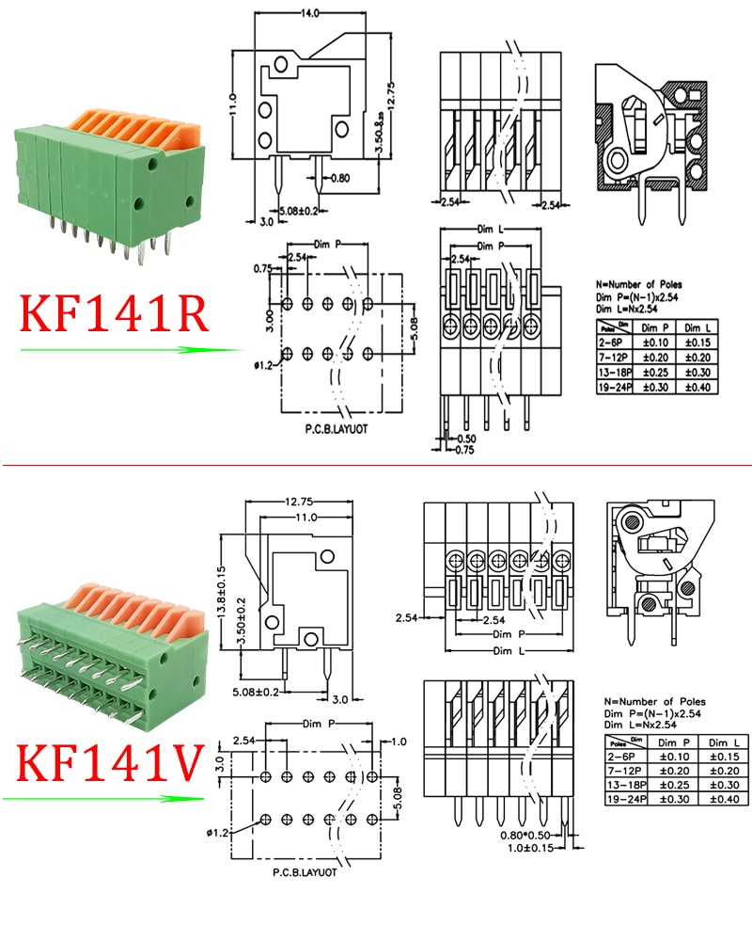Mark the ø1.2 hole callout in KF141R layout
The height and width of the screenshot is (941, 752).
tap(263, 365)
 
